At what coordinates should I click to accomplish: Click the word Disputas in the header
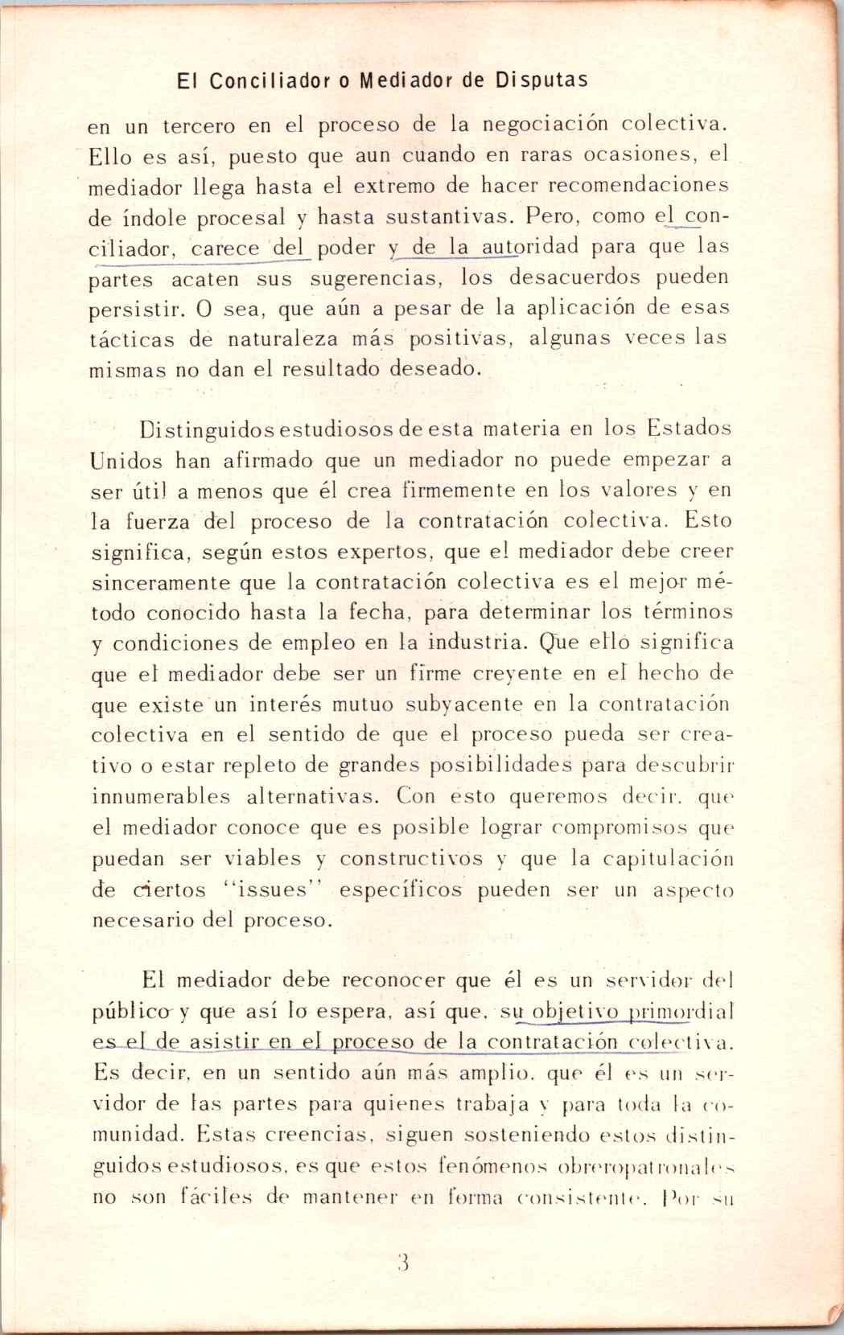pyautogui.click(x=541, y=81)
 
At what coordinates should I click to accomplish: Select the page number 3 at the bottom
pyautogui.click(x=405, y=1260)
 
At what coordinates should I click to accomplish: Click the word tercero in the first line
pyautogui.click(x=199, y=126)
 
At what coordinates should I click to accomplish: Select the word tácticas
pyautogui.click(x=131, y=339)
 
